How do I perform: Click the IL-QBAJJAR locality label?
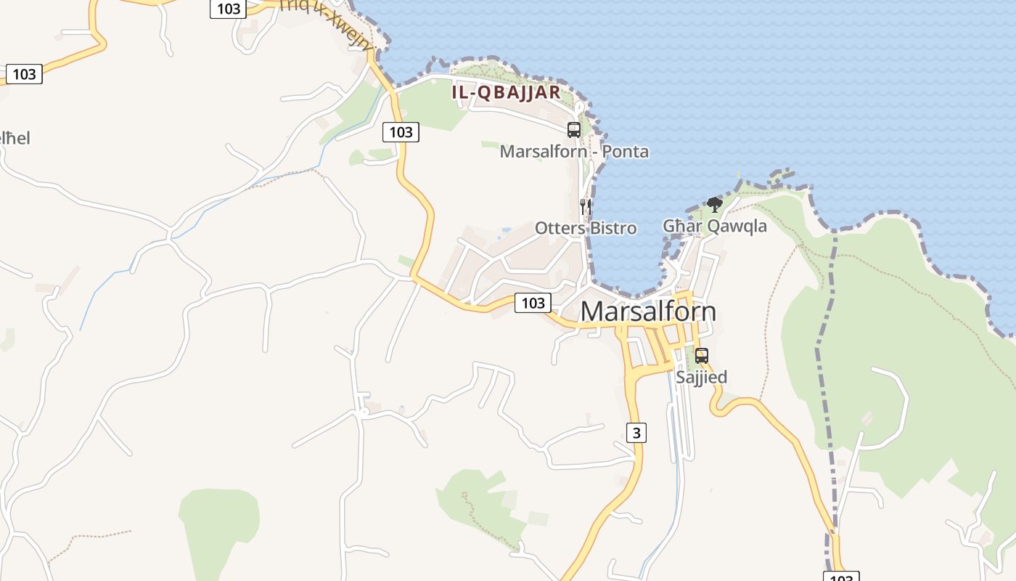pyautogui.click(x=506, y=92)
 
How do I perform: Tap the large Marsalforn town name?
pyautogui.click(x=648, y=312)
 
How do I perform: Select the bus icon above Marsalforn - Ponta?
pyautogui.click(x=573, y=130)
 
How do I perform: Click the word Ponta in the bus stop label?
pyautogui.click(x=626, y=152)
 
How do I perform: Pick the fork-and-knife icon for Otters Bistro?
pyautogui.click(x=585, y=207)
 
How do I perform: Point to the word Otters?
pyautogui.click(x=559, y=228)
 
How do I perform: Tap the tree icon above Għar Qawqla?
pyautogui.click(x=714, y=205)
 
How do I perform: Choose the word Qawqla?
pyautogui.click(x=737, y=226)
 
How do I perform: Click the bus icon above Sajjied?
pyautogui.click(x=701, y=356)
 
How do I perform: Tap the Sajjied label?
pyautogui.click(x=701, y=378)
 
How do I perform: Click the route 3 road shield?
pyautogui.click(x=636, y=433)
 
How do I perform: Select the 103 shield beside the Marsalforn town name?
pyautogui.click(x=533, y=303)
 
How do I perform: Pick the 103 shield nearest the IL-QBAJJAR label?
pyautogui.click(x=401, y=132)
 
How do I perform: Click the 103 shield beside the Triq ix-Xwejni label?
pyautogui.click(x=229, y=9)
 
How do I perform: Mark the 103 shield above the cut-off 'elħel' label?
pyautogui.click(x=24, y=74)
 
